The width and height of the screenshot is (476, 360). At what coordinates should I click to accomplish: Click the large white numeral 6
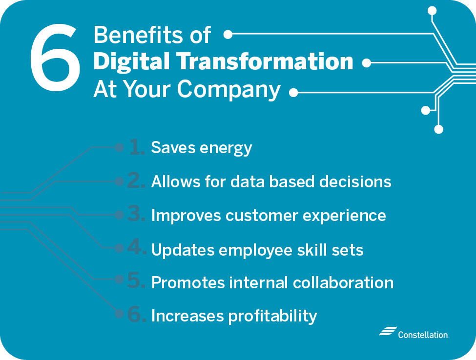pos(55,58)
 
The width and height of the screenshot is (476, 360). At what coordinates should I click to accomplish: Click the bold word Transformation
pos(265,61)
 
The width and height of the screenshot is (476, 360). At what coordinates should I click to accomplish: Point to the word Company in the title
pos(228,90)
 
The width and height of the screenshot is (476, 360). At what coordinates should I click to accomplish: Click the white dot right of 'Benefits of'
pos(228,34)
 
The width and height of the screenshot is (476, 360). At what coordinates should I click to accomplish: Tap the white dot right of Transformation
pos(367,63)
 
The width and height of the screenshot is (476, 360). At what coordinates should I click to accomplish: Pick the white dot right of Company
pos(293,92)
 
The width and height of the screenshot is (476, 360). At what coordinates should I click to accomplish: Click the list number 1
pos(137,147)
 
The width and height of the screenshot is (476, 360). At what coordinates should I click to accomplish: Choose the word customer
pos(262,216)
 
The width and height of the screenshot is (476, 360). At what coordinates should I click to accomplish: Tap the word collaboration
pos(343,282)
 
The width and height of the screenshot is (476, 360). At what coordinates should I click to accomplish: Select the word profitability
pos(272,317)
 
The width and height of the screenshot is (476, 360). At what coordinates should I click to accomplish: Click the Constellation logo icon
pos(388,331)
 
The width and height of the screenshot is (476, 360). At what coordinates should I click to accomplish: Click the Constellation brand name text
pos(423,335)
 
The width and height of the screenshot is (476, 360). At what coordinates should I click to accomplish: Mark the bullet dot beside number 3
pos(119,215)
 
